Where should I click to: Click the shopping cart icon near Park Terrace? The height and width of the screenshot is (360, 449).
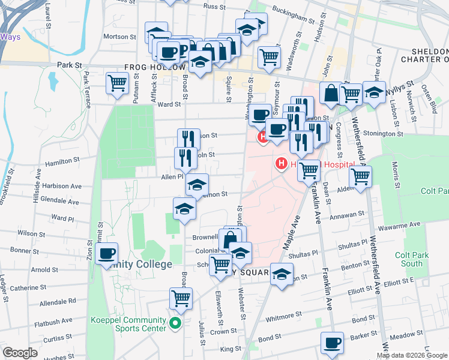pyautogui.click(x=117, y=82)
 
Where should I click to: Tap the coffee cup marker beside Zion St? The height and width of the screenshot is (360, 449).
pyautogui.click(x=107, y=253)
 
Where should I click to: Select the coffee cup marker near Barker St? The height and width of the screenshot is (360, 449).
pyautogui.click(x=331, y=343)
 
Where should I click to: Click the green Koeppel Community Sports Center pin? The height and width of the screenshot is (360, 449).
pyautogui.click(x=175, y=324)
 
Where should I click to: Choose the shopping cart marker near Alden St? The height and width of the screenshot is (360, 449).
pyautogui.click(x=360, y=176)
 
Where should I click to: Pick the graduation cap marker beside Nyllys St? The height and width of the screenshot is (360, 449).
pyautogui.click(x=374, y=92)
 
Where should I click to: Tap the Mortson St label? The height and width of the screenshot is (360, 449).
pyautogui.click(x=120, y=37)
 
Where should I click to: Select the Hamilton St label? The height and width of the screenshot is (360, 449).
pyautogui.click(x=63, y=161)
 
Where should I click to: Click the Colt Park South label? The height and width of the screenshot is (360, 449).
pyautogui.click(x=412, y=259)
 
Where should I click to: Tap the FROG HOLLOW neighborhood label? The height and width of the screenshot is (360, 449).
pyautogui.click(x=153, y=68)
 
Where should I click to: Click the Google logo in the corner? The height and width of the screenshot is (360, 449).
pyautogui.click(x=20, y=352)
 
